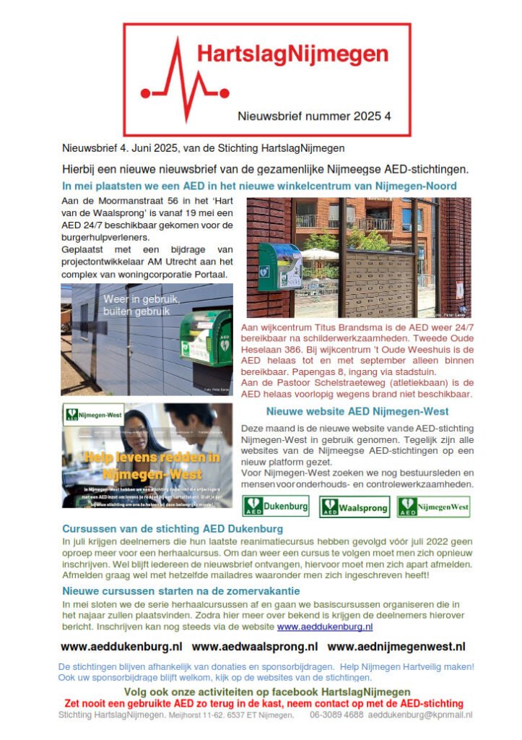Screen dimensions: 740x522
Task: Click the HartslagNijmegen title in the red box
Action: click(x=292, y=55)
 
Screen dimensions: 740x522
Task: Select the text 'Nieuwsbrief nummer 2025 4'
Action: click(x=314, y=116)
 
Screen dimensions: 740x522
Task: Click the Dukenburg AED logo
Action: click(x=275, y=505)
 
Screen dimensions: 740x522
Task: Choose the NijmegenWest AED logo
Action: click(x=433, y=506)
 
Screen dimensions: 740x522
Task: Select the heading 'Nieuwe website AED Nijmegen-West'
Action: click(x=357, y=411)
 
